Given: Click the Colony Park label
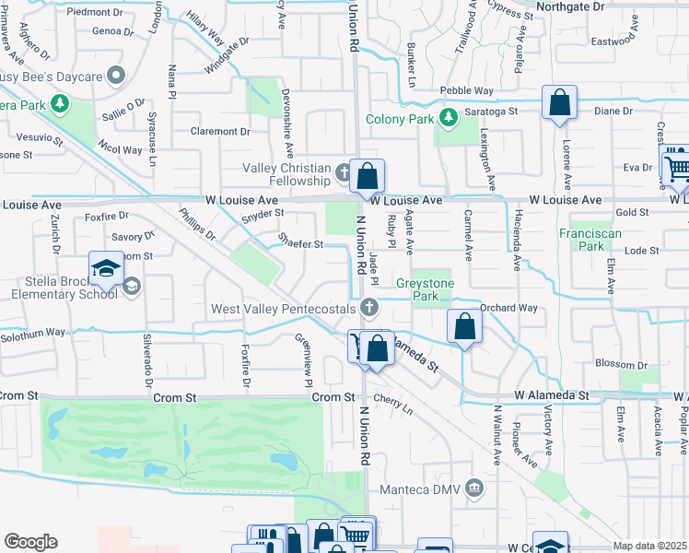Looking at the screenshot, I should coord(400,119).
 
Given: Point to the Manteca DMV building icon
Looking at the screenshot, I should coord(474,486).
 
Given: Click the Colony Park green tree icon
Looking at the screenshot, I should coord(448,117).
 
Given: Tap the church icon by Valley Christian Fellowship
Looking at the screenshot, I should coord(344,171).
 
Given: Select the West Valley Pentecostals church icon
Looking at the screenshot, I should coord(369,308).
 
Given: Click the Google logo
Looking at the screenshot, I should coord(30,542).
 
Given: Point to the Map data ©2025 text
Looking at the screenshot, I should coord(650,546).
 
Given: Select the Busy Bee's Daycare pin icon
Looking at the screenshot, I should coord(116,74).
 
